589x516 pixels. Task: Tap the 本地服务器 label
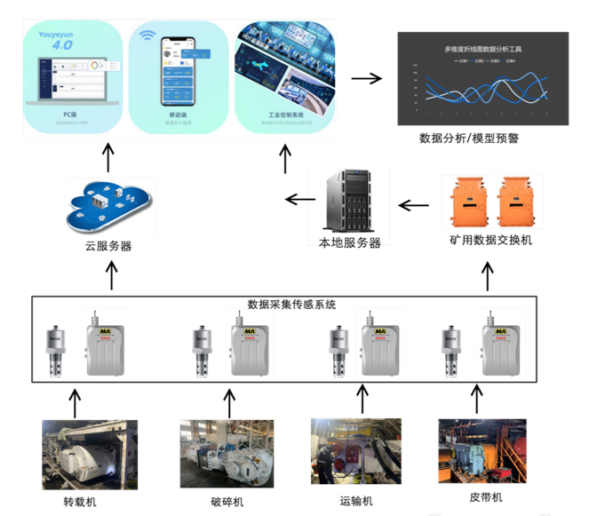click(349, 242)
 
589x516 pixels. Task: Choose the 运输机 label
click(356, 501)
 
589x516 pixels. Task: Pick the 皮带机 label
click(486, 497)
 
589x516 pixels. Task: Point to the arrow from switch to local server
click(412, 206)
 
